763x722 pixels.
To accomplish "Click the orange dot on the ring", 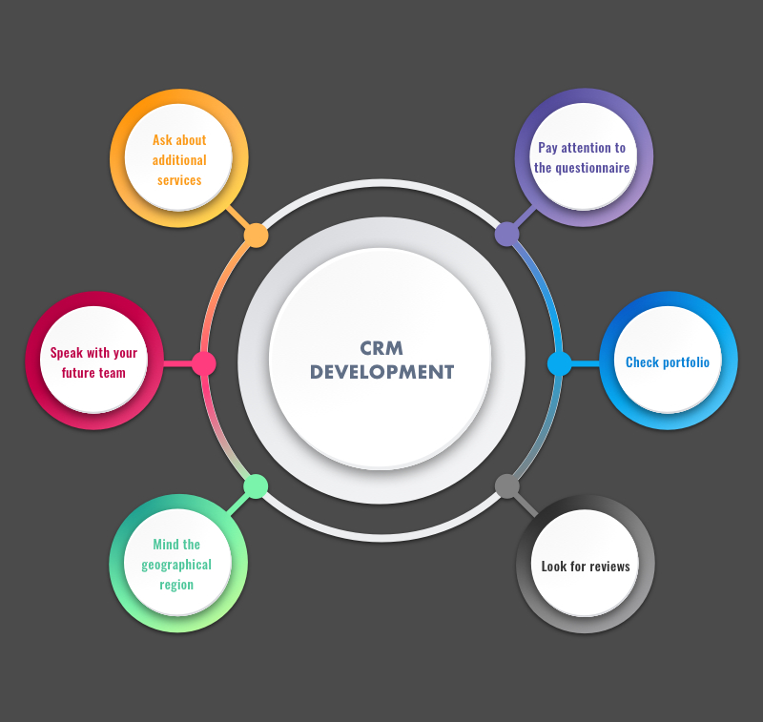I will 256,236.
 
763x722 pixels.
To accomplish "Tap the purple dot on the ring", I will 506,234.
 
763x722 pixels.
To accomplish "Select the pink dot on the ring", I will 203,363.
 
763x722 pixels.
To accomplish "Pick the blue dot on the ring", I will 560,363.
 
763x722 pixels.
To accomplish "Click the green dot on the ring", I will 256,486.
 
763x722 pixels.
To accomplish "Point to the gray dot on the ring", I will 507,486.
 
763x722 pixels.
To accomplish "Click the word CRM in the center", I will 381,349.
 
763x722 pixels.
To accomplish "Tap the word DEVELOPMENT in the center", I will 381,373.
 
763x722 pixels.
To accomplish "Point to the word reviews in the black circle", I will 608,567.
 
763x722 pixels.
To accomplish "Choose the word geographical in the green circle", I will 176,565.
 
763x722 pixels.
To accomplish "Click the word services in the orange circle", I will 179,180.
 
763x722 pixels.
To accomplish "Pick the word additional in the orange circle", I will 179,160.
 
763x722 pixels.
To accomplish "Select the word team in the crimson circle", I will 113,373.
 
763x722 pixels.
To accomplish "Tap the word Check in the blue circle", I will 642,362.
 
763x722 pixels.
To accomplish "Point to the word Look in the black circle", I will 553,567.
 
